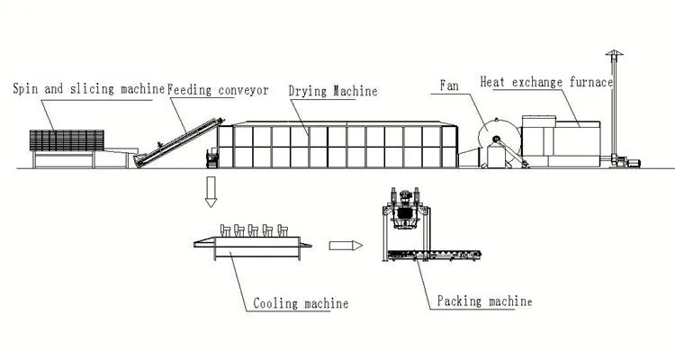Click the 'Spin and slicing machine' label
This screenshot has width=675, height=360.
[x=88, y=88]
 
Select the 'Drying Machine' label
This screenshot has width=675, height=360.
[x=332, y=92]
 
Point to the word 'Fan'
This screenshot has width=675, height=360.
[x=449, y=85]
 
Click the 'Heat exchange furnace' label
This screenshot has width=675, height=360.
[x=546, y=82]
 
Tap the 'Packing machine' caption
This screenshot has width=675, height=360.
[x=484, y=301]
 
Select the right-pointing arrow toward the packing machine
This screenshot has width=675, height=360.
[x=345, y=244]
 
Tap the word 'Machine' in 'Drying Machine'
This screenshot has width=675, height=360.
[x=354, y=92]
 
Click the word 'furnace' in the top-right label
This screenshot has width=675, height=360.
[x=589, y=82]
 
